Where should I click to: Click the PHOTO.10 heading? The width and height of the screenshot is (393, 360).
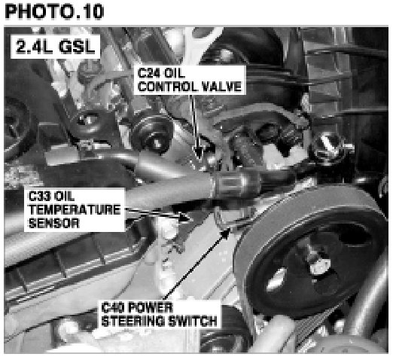pyautogui.click(x=54, y=11)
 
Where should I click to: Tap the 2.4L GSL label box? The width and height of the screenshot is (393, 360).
pyautogui.click(x=55, y=47)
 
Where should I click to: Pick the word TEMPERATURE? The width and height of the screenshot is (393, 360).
pyautogui.click(x=75, y=209)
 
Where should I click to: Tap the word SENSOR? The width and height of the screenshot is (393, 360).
pyautogui.click(x=54, y=223)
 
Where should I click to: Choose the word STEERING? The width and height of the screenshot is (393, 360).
pyautogui.click(x=133, y=321)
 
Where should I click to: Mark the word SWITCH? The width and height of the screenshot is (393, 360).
pyautogui.click(x=193, y=321)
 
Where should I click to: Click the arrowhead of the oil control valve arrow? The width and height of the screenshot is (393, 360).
pyautogui.click(x=199, y=153)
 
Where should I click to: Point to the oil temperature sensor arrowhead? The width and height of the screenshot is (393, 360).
pyautogui.click(x=184, y=218)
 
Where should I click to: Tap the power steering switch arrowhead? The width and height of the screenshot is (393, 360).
pyautogui.click(x=226, y=233)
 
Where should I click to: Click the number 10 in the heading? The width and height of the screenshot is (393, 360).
pyautogui.click(x=93, y=11)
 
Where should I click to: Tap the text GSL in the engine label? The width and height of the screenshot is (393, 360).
pyautogui.click(x=78, y=47)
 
